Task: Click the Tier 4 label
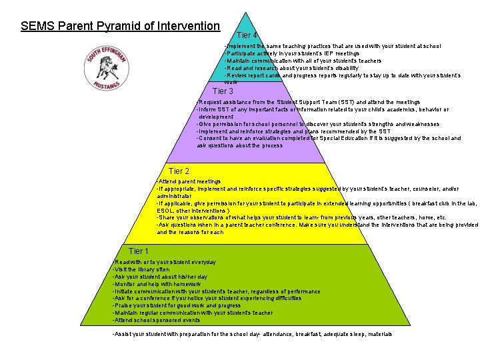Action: tap(247, 35)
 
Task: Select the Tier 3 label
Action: tap(223, 91)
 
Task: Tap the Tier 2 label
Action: tap(179, 171)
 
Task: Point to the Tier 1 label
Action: tap(138, 251)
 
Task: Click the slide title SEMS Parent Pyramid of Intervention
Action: tap(120, 27)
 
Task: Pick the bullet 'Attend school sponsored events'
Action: tap(157, 320)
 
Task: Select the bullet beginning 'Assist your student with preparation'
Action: tap(252, 334)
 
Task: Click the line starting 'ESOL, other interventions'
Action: tap(193, 211)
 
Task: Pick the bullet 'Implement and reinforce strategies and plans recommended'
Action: tap(293, 131)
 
